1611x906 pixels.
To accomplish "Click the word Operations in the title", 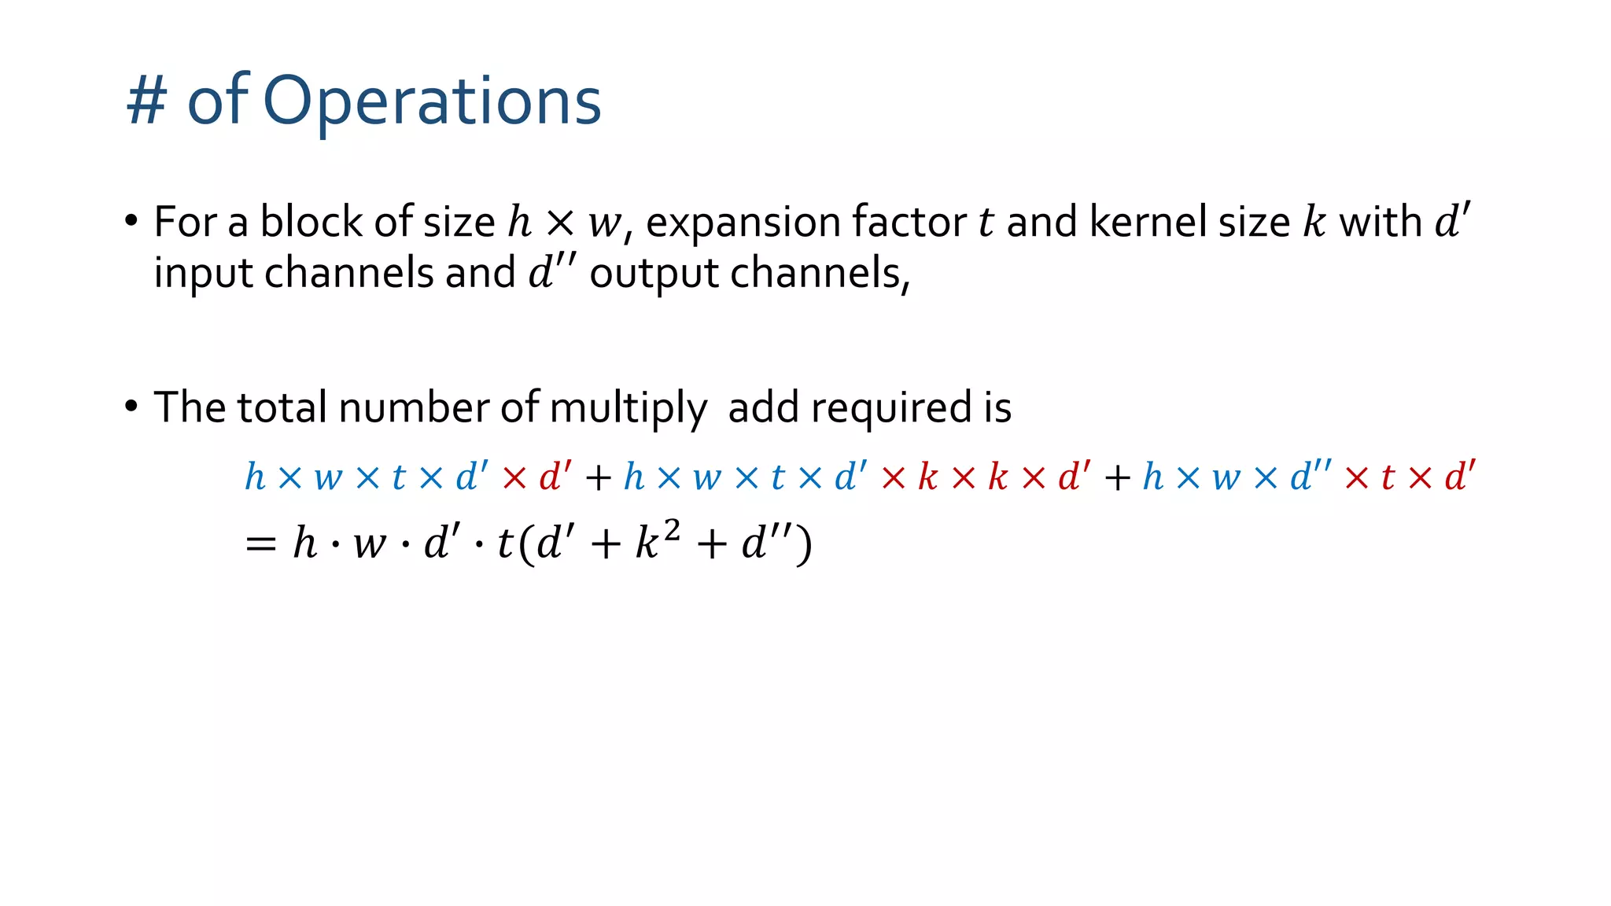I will (x=432, y=102).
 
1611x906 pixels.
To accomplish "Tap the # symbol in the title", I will (x=146, y=102).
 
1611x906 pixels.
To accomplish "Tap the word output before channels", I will (x=654, y=274).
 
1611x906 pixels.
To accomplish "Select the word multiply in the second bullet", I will (x=628, y=408).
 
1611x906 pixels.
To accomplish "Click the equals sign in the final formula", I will (x=260, y=543).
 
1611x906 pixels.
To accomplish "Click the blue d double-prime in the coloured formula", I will (x=1311, y=476).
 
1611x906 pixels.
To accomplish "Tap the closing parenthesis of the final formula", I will (x=803, y=545).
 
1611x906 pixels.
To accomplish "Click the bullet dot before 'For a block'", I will (x=131, y=220).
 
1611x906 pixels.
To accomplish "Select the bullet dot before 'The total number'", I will (x=131, y=407).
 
